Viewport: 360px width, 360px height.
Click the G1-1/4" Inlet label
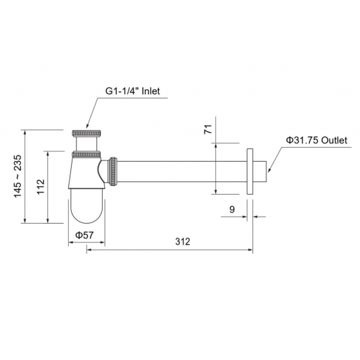132,91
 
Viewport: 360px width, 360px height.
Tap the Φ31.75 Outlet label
316,140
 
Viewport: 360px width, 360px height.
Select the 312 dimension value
183,241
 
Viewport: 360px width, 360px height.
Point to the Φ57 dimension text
84,235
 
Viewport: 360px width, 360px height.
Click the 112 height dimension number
41,186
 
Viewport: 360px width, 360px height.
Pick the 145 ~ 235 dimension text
18,176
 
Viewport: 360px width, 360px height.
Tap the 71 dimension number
208,129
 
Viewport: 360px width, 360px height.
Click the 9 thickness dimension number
232,210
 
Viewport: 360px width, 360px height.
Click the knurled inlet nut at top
86,133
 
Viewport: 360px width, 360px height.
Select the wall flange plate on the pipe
250,172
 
